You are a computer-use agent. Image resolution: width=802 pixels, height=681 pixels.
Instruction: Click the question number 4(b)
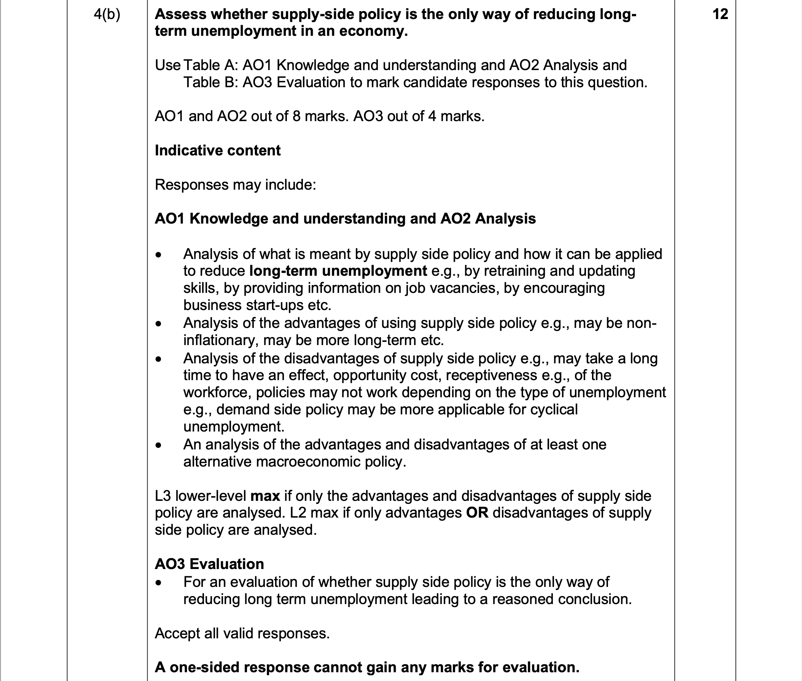pyautogui.click(x=107, y=15)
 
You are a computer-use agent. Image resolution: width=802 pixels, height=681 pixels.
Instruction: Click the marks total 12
pyautogui.click(x=720, y=14)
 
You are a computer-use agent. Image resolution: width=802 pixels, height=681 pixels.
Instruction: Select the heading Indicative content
pyautogui.click(x=218, y=150)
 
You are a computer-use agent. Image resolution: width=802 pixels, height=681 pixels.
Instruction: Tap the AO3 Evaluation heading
pyautogui.click(x=209, y=564)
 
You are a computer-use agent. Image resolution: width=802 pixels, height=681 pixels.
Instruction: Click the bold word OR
pyautogui.click(x=477, y=513)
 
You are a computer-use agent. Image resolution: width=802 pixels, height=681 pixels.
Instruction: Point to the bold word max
pyautogui.click(x=265, y=496)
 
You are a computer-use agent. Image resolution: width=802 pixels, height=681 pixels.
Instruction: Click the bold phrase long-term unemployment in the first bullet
pyautogui.click(x=338, y=271)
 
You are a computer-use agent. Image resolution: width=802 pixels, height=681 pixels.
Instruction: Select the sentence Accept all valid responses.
pyautogui.click(x=242, y=633)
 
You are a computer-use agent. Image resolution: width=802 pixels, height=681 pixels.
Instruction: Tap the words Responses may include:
pyautogui.click(x=235, y=185)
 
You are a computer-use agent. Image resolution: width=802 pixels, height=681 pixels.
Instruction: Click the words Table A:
pyautogui.click(x=210, y=65)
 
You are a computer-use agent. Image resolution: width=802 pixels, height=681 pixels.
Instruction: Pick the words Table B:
pyautogui.click(x=210, y=82)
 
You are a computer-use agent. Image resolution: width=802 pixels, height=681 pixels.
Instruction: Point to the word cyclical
pyautogui.click(x=554, y=409)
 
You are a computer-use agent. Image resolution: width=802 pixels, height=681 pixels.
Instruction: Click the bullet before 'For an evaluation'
pyautogui.click(x=158, y=583)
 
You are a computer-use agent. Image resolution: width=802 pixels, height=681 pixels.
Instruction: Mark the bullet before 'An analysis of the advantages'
pyautogui.click(x=158, y=446)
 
